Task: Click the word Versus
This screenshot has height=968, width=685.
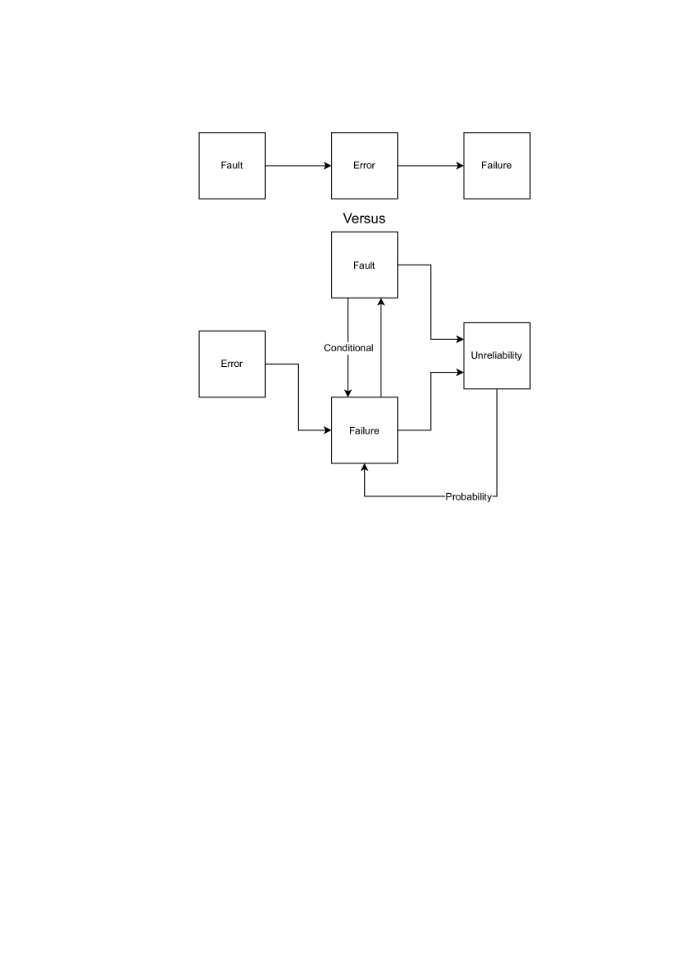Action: click(364, 218)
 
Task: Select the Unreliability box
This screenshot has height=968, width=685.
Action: click(496, 355)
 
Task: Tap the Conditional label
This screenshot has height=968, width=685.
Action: click(348, 348)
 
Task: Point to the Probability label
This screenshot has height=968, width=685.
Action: click(469, 496)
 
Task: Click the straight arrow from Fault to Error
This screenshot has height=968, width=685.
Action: click(298, 166)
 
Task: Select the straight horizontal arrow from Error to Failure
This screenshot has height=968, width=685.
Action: click(430, 166)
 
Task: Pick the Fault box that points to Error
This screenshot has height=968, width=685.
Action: click(232, 166)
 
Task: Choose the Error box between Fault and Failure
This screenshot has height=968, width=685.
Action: click(364, 166)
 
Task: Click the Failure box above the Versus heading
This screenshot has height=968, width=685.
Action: click(496, 166)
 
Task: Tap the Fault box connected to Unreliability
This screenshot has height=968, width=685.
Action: click(364, 265)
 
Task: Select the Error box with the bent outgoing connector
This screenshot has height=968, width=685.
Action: click(232, 364)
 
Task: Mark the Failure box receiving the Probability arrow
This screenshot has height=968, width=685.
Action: click(364, 430)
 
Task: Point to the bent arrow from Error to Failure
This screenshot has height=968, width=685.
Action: click(298, 397)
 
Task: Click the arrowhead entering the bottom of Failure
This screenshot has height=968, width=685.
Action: click(364, 468)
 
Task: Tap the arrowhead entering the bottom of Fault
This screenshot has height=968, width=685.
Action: click(380, 303)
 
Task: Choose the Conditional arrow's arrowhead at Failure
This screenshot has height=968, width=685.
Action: click(348, 392)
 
